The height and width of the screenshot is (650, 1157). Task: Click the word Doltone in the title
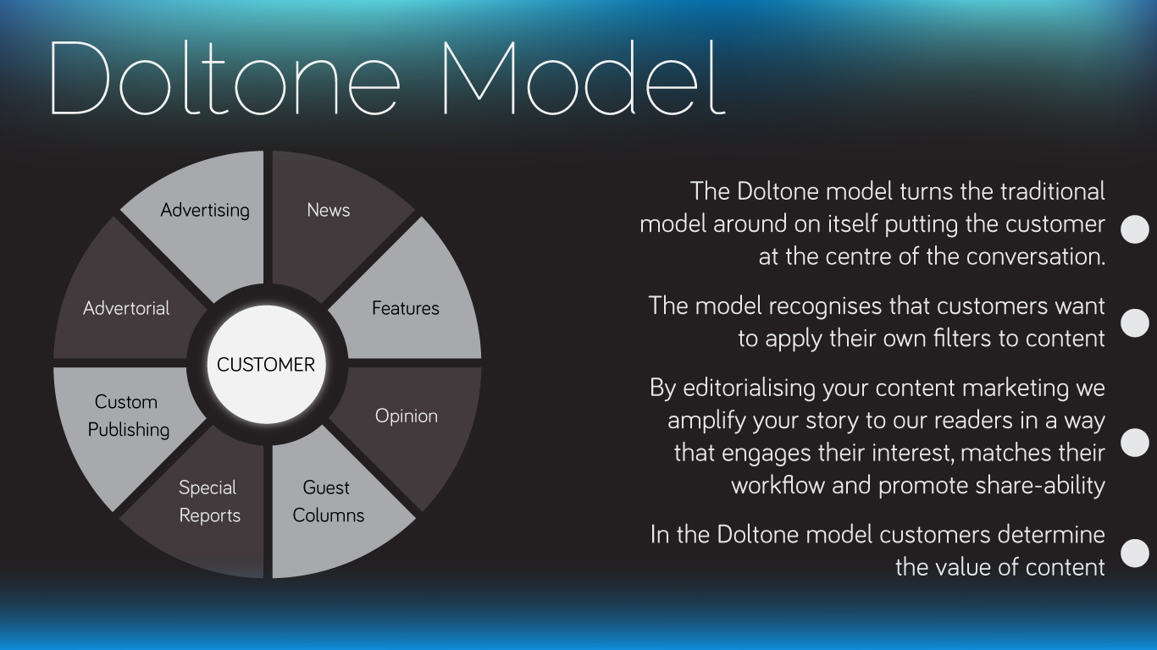tap(224, 78)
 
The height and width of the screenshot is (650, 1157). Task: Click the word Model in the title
tap(584, 78)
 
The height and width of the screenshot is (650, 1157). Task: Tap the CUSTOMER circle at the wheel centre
tap(266, 365)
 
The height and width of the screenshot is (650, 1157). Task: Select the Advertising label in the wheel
tap(205, 210)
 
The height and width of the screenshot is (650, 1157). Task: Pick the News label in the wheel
tap(329, 210)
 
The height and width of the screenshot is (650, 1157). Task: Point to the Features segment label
tap(406, 308)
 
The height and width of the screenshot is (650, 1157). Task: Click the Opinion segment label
tap(407, 416)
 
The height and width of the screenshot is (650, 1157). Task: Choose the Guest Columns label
tap(329, 501)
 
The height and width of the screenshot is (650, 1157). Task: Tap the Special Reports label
tap(209, 501)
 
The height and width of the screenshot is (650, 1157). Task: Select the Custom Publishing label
tap(128, 416)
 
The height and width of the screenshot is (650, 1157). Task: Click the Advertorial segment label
tap(126, 308)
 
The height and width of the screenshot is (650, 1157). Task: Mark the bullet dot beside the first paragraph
tap(1135, 229)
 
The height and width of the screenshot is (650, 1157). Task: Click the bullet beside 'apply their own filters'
tap(1135, 323)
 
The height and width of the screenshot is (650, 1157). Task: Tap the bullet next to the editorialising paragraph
tap(1135, 443)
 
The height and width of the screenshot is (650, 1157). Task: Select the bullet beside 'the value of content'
tap(1135, 553)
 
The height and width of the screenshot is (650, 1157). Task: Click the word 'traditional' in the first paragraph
tap(1053, 191)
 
